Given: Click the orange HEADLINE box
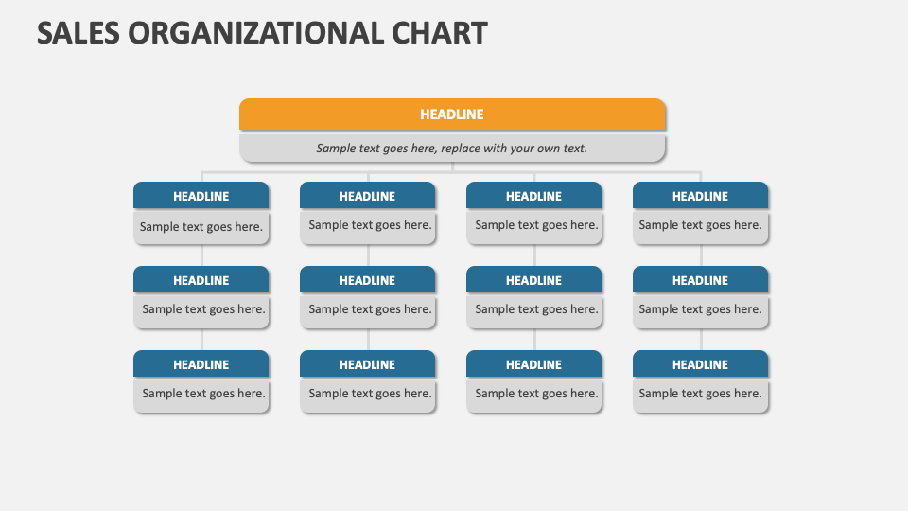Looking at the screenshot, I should point(452,115).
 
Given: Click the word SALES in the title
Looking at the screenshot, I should point(79,33).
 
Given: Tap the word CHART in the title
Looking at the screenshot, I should point(440,33).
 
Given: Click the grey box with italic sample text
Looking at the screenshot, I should point(452,149).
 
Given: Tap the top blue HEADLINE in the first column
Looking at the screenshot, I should point(201,196).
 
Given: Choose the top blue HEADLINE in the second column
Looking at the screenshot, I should point(367,196).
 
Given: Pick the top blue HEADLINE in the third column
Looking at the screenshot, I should point(533,196).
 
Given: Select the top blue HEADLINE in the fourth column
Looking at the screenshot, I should point(700,196).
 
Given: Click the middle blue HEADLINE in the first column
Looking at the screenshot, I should point(201,280).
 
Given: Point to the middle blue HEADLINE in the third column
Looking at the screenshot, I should point(533,280).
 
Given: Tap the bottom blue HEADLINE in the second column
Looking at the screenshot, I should point(367,364).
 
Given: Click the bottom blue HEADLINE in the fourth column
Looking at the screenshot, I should point(700,364).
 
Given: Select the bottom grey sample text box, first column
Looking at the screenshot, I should point(201,395).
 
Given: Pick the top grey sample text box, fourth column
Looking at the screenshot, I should point(700,226).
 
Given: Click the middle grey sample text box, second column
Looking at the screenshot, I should point(368,310).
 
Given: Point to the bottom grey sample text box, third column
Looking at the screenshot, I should point(534,395).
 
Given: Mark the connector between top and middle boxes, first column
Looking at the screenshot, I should point(201,255).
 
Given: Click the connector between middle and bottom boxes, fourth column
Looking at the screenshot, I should point(701,340).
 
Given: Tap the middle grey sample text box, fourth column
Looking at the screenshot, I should point(700,310).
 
